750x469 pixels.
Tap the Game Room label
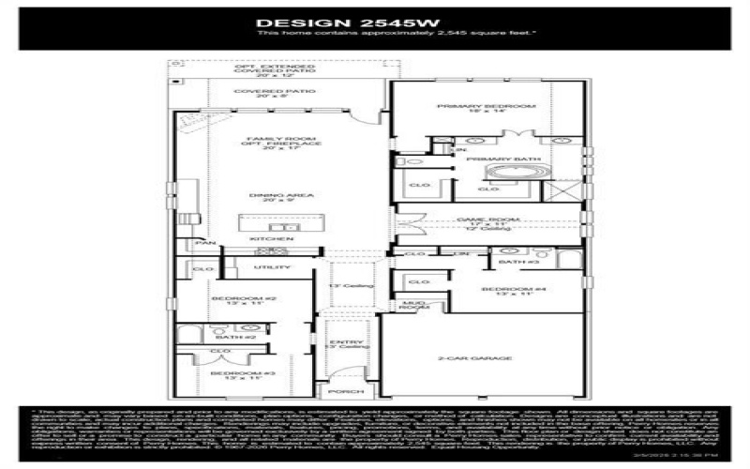point(487,220)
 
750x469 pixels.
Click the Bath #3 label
point(513,263)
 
